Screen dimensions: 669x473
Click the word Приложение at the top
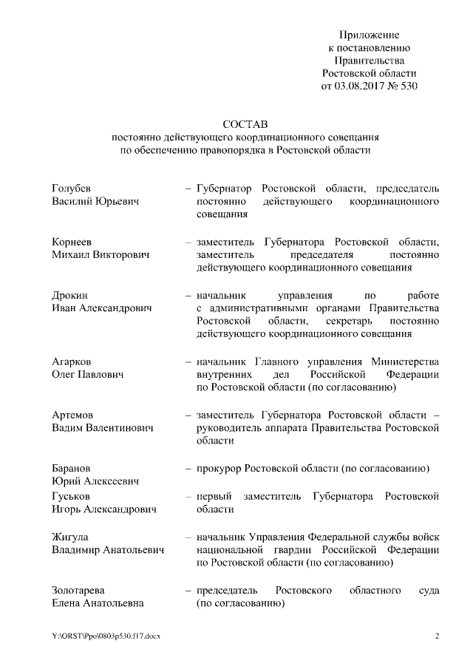369,35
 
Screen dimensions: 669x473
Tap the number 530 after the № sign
408,86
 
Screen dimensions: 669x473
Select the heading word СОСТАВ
242,123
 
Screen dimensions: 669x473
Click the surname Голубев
72,188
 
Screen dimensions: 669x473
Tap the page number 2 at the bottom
437,636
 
